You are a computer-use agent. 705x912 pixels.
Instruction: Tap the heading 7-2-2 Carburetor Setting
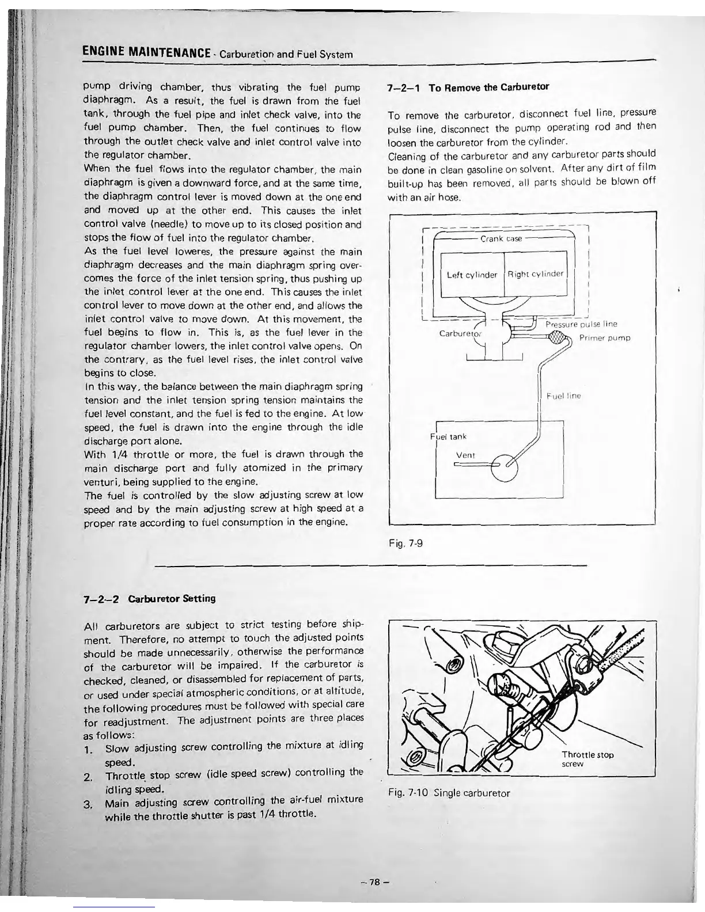[x=150, y=598]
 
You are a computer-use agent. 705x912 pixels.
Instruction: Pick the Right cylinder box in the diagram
[x=536, y=274]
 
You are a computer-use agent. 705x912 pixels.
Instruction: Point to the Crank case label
[x=501, y=238]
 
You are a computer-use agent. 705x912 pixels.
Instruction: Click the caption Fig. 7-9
[x=406, y=542]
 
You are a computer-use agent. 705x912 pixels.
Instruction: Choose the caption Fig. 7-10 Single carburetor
[x=449, y=793]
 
